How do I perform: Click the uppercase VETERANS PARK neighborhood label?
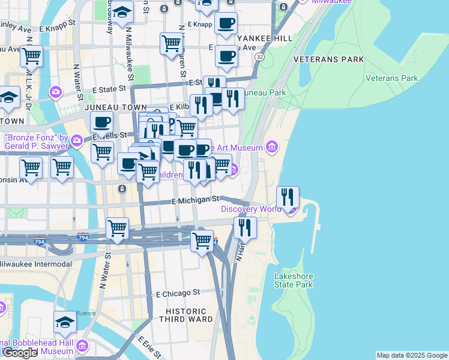point(328,59)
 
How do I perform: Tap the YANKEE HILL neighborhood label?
point(264,38)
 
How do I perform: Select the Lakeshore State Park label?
point(294,280)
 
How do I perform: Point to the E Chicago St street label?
point(178,293)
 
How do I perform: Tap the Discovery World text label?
point(251,209)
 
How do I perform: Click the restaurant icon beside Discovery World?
point(288,196)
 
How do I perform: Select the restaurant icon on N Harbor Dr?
point(245,227)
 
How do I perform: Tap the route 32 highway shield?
point(259,56)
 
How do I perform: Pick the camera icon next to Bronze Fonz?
point(77,141)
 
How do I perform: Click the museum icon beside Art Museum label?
point(272,147)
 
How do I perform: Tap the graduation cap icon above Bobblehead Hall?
point(65,322)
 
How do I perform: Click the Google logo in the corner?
point(20,353)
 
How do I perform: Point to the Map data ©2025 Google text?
point(411,355)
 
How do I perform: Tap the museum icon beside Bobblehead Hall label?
point(82,347)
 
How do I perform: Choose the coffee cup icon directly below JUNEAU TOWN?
point(101,122)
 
